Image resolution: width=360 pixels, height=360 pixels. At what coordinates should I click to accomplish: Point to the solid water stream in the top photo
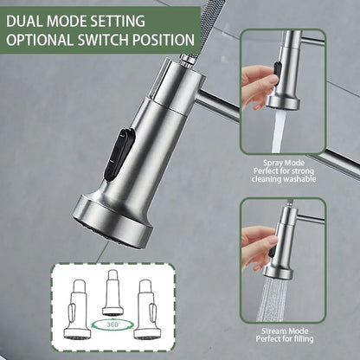tap(279, 130)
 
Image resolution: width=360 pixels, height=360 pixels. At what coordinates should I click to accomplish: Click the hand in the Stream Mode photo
tap(257, 247)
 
